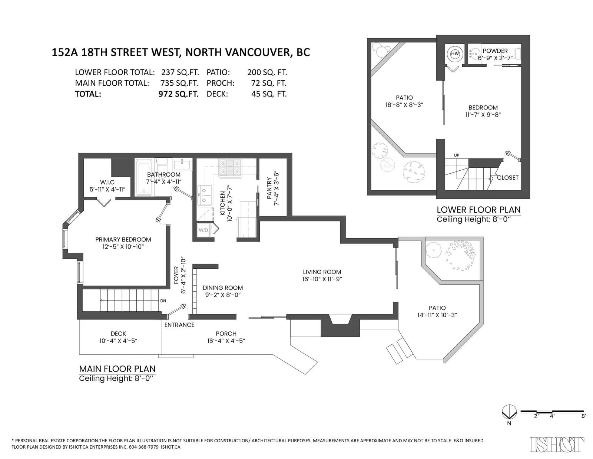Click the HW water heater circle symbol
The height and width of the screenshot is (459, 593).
click(455, 54)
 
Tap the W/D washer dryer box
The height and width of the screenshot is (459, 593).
click(203, 230)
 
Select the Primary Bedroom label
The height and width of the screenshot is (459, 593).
click(123, 240)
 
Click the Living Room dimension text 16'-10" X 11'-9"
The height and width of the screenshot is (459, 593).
click(322, 279)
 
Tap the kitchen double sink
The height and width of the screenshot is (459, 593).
click(204, 196)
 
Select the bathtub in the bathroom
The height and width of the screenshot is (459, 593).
click(144, 177)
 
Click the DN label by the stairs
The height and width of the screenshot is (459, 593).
click(163, 301)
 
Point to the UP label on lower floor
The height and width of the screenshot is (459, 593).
click(457, 155)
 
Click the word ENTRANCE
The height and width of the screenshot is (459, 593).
click(179, 325)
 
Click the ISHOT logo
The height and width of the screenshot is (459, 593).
click(557, 445)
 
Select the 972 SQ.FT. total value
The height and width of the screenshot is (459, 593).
click(179, 94)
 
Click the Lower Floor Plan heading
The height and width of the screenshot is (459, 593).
click(478, 210)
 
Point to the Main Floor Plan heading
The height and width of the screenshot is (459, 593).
click(117, 369)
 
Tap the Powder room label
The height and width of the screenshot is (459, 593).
click(495, 51)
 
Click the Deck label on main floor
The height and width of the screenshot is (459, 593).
click(118, 334)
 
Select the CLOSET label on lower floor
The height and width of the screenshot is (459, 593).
click(508, 178)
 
